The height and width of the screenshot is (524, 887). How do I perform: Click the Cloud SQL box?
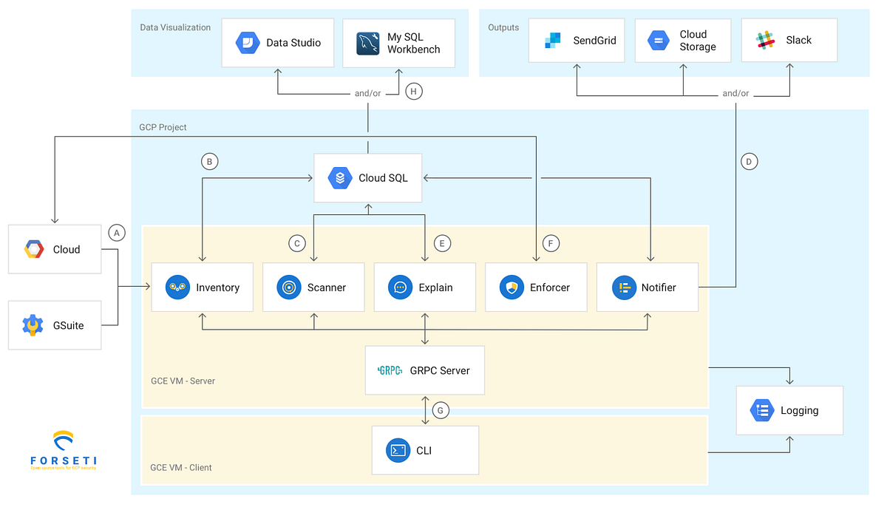(x=367, y=178)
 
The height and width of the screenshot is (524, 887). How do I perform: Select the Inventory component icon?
(x=178, y=287)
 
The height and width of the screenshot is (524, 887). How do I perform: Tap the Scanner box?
(x=313, y=287)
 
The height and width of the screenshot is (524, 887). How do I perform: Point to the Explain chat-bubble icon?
(x=401, y=287)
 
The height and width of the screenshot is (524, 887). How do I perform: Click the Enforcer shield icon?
(x=512, y=287)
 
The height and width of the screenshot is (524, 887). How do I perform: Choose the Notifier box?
(x=647, y=287)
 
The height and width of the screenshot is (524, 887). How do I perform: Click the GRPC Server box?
(x=425, y=370)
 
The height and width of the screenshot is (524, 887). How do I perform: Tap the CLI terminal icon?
(x=398, y=450)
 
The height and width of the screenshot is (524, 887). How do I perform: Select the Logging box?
(x=789, y=410)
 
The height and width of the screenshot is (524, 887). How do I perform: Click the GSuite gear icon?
(x=33, y=325)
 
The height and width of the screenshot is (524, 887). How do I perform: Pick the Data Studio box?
(x=277, y=43)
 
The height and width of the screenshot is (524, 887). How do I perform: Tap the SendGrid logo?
(x=553, y=41)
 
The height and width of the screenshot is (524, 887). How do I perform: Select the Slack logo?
(x=766, y=41)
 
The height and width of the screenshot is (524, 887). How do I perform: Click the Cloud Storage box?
(x=682, y=41)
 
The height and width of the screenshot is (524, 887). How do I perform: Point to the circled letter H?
(x=413, y=92)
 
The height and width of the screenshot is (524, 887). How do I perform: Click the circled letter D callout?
(x=749, y=161)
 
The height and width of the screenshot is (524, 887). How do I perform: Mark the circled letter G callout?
(x=441, y=410)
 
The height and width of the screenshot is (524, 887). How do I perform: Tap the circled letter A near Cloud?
(x=116, y=233)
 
